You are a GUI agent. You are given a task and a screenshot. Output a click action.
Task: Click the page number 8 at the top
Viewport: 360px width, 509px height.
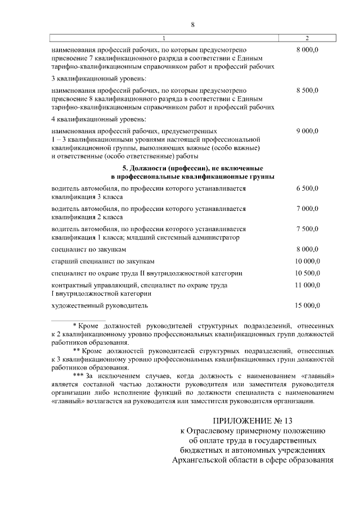click(x=192, y=25)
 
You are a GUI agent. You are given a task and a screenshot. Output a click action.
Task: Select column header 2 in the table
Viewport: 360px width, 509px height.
click(x=307, y=38)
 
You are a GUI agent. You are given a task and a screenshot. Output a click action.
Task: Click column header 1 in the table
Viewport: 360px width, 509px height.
click(x=164, y=38)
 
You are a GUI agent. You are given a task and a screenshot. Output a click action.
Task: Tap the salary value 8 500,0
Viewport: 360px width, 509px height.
click(x=308, y=90)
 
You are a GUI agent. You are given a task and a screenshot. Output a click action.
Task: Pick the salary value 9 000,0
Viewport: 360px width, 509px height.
click(x=308, y=130)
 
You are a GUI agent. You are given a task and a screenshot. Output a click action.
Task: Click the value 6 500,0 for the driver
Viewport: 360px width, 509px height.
click(x=308, y=189)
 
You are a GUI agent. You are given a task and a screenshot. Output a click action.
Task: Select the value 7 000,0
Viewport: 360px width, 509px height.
click(x=308, y=209)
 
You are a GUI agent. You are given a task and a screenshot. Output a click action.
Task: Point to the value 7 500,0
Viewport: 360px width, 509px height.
click(x=308, y=229)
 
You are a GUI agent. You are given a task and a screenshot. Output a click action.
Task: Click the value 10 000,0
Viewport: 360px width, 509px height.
click(x=308, y=261)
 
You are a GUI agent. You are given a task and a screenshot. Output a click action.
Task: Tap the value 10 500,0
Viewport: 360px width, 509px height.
click(x=308, y=273)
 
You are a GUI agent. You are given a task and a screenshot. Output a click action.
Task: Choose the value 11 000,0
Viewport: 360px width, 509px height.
click(x=308, y=286)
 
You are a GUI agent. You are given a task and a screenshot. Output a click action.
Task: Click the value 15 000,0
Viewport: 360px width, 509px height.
click(x=308, y=305)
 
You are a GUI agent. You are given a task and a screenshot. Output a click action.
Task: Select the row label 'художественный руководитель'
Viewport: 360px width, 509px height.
click(x=99, y=305)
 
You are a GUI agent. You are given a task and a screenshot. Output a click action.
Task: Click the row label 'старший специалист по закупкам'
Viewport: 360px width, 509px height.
click(x=102, y=261)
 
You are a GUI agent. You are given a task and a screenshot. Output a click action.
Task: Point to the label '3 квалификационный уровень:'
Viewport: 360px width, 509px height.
click(x=91, y=78)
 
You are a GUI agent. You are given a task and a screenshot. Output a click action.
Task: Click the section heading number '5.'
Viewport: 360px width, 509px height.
click(x=125, y=168)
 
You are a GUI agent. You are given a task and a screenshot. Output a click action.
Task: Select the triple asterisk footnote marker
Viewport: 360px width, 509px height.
click(x=79, y=375)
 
